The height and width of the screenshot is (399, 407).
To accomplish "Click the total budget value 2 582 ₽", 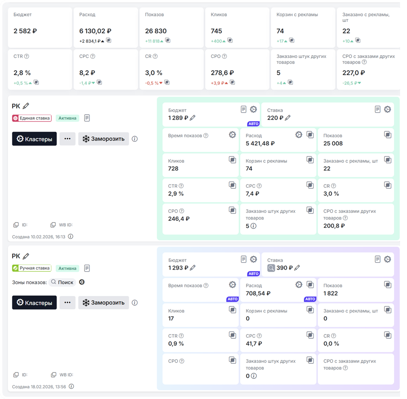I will click(25, 31).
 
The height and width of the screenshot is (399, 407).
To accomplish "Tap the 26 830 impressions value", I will click(156, 31).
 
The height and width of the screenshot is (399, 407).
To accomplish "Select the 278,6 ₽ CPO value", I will click(222, 73).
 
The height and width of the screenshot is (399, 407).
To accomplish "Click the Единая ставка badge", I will click(32, 118).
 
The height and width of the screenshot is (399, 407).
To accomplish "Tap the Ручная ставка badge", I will click(32, 268).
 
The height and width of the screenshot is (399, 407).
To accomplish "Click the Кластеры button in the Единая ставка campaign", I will click(34, 139).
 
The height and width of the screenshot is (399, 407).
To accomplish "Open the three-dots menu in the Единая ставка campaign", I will click(67, 139).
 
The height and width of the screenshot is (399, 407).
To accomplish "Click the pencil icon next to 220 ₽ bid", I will click(288, 118).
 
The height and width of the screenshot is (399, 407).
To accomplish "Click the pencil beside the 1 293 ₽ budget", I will click(193, 268).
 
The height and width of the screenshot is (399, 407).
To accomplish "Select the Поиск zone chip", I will click(62, 282).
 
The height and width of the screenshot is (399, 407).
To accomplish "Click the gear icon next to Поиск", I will click(82, 282).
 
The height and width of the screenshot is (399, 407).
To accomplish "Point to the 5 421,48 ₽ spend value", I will click(260, 143).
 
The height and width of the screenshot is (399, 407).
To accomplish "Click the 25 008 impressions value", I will click(333, 143).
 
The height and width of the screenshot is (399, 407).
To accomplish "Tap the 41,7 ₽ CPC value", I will click(254, 344).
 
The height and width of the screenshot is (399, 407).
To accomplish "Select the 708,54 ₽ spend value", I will click(258, 293).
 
